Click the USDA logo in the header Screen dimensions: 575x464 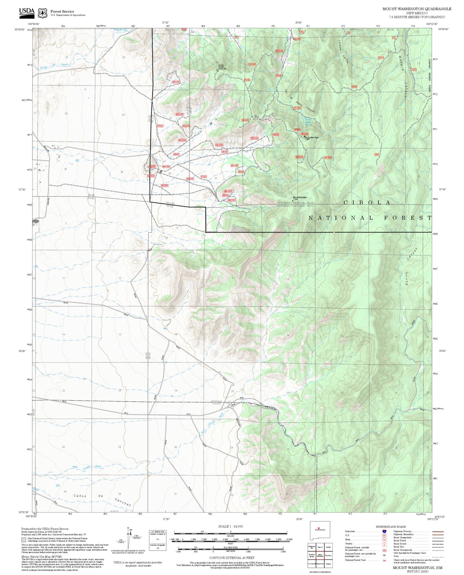(x=27, y=11)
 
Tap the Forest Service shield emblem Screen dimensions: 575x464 (x=42, y=13)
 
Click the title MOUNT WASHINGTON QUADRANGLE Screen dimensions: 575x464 (x=417, y=9)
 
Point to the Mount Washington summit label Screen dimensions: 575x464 (x=300, y=197)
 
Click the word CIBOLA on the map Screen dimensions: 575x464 (x=367, y=203)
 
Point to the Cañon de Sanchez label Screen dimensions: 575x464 (x=102, y=500)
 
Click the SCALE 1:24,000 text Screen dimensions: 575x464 (x=230, y=526)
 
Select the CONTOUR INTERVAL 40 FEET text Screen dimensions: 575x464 (x=232, y=558)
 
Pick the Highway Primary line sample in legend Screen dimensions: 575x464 (x=436, y=531)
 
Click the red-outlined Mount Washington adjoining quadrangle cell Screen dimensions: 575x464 (x=320, y=555)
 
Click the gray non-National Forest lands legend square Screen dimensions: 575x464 (x=24, y=540)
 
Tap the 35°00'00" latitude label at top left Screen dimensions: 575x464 (x=19, y=29)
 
